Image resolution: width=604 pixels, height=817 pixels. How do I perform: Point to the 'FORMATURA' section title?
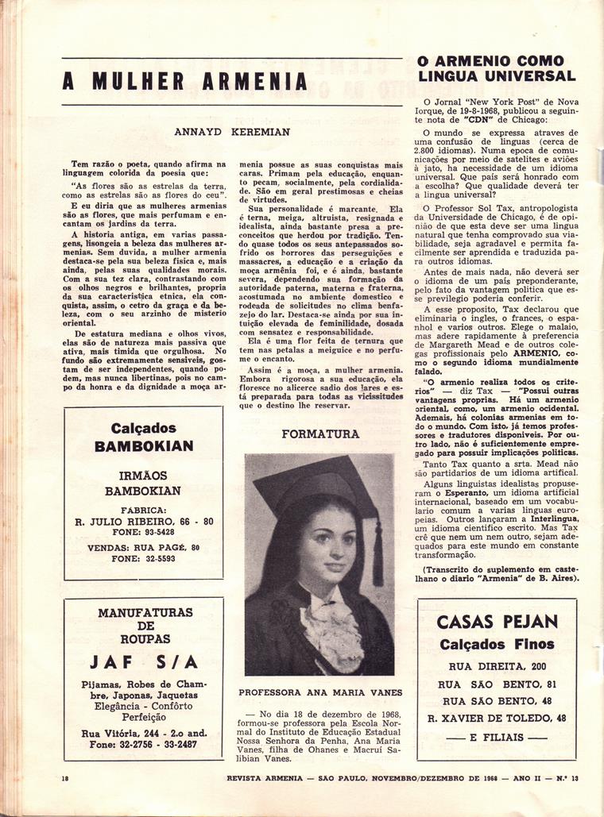pos(319,434)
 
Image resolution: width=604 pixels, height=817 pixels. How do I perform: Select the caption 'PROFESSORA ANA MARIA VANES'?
pos(319,692)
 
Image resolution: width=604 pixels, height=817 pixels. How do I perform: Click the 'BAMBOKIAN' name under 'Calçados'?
pos(143,445)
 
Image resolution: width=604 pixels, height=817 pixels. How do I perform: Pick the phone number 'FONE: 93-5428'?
pos(143,532)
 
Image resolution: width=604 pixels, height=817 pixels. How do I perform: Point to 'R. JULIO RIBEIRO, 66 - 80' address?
pos(144,521)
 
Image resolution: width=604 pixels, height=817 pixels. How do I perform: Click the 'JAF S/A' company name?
pos(143,661)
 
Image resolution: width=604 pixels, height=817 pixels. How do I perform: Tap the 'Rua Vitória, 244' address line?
pos(144,733)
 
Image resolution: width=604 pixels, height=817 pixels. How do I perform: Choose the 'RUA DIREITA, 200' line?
pos(498,666)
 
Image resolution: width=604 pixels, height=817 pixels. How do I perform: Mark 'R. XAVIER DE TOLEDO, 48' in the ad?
pos(498,718)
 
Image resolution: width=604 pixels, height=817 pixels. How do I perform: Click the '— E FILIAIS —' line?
pos(498,735)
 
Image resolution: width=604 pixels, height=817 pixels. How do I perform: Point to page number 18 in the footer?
pos(65,778)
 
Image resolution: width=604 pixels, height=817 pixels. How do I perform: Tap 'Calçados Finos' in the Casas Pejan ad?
pos(498,644)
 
